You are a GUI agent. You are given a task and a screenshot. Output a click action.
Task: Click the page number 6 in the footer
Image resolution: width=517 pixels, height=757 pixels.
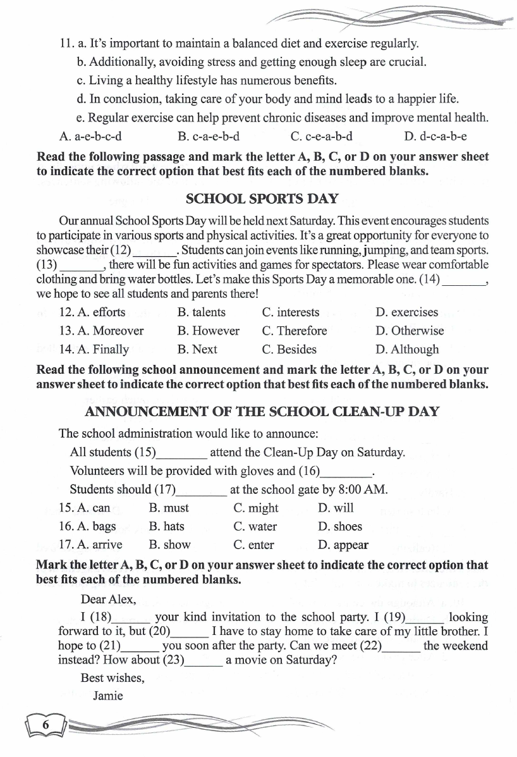coord(46,725)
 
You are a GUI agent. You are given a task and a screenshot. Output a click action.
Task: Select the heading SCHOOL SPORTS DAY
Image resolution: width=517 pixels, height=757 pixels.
coord(262,199)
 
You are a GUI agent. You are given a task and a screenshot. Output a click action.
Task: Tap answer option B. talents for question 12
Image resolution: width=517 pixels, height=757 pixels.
coord(201,312)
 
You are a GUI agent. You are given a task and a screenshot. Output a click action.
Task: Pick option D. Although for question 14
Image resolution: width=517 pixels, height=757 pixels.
coord(406,349)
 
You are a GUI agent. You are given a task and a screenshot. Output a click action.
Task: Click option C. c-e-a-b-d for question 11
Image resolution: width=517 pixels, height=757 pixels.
coord(321,136)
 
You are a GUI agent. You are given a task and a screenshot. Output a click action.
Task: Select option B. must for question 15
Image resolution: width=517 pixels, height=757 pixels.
coord(169,508)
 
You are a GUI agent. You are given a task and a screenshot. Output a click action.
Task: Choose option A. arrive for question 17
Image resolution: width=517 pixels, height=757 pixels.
coord(90,545)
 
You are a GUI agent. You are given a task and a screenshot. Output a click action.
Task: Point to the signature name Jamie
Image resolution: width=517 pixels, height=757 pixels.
coord(108,696)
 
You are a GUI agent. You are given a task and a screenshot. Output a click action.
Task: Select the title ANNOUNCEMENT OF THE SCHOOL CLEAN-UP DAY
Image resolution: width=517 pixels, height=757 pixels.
coord(262,412)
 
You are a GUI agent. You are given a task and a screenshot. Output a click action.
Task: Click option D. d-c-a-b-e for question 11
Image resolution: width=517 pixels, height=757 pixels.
coord(435,136)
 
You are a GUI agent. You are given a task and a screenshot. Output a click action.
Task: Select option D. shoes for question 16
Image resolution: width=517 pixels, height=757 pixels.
coord(340,526)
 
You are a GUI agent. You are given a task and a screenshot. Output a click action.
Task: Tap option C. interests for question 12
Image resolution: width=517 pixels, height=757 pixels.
coord(290,312)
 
